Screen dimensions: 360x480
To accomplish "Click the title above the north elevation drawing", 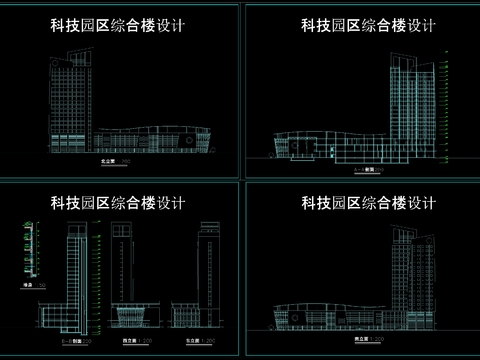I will click(x=118, y=23).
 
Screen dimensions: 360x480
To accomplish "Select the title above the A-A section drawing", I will click(x=368, y=23).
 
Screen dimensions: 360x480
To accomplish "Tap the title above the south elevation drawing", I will click(x=368, y=204).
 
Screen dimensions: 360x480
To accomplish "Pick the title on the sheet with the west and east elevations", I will click(x=118, y=204).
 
